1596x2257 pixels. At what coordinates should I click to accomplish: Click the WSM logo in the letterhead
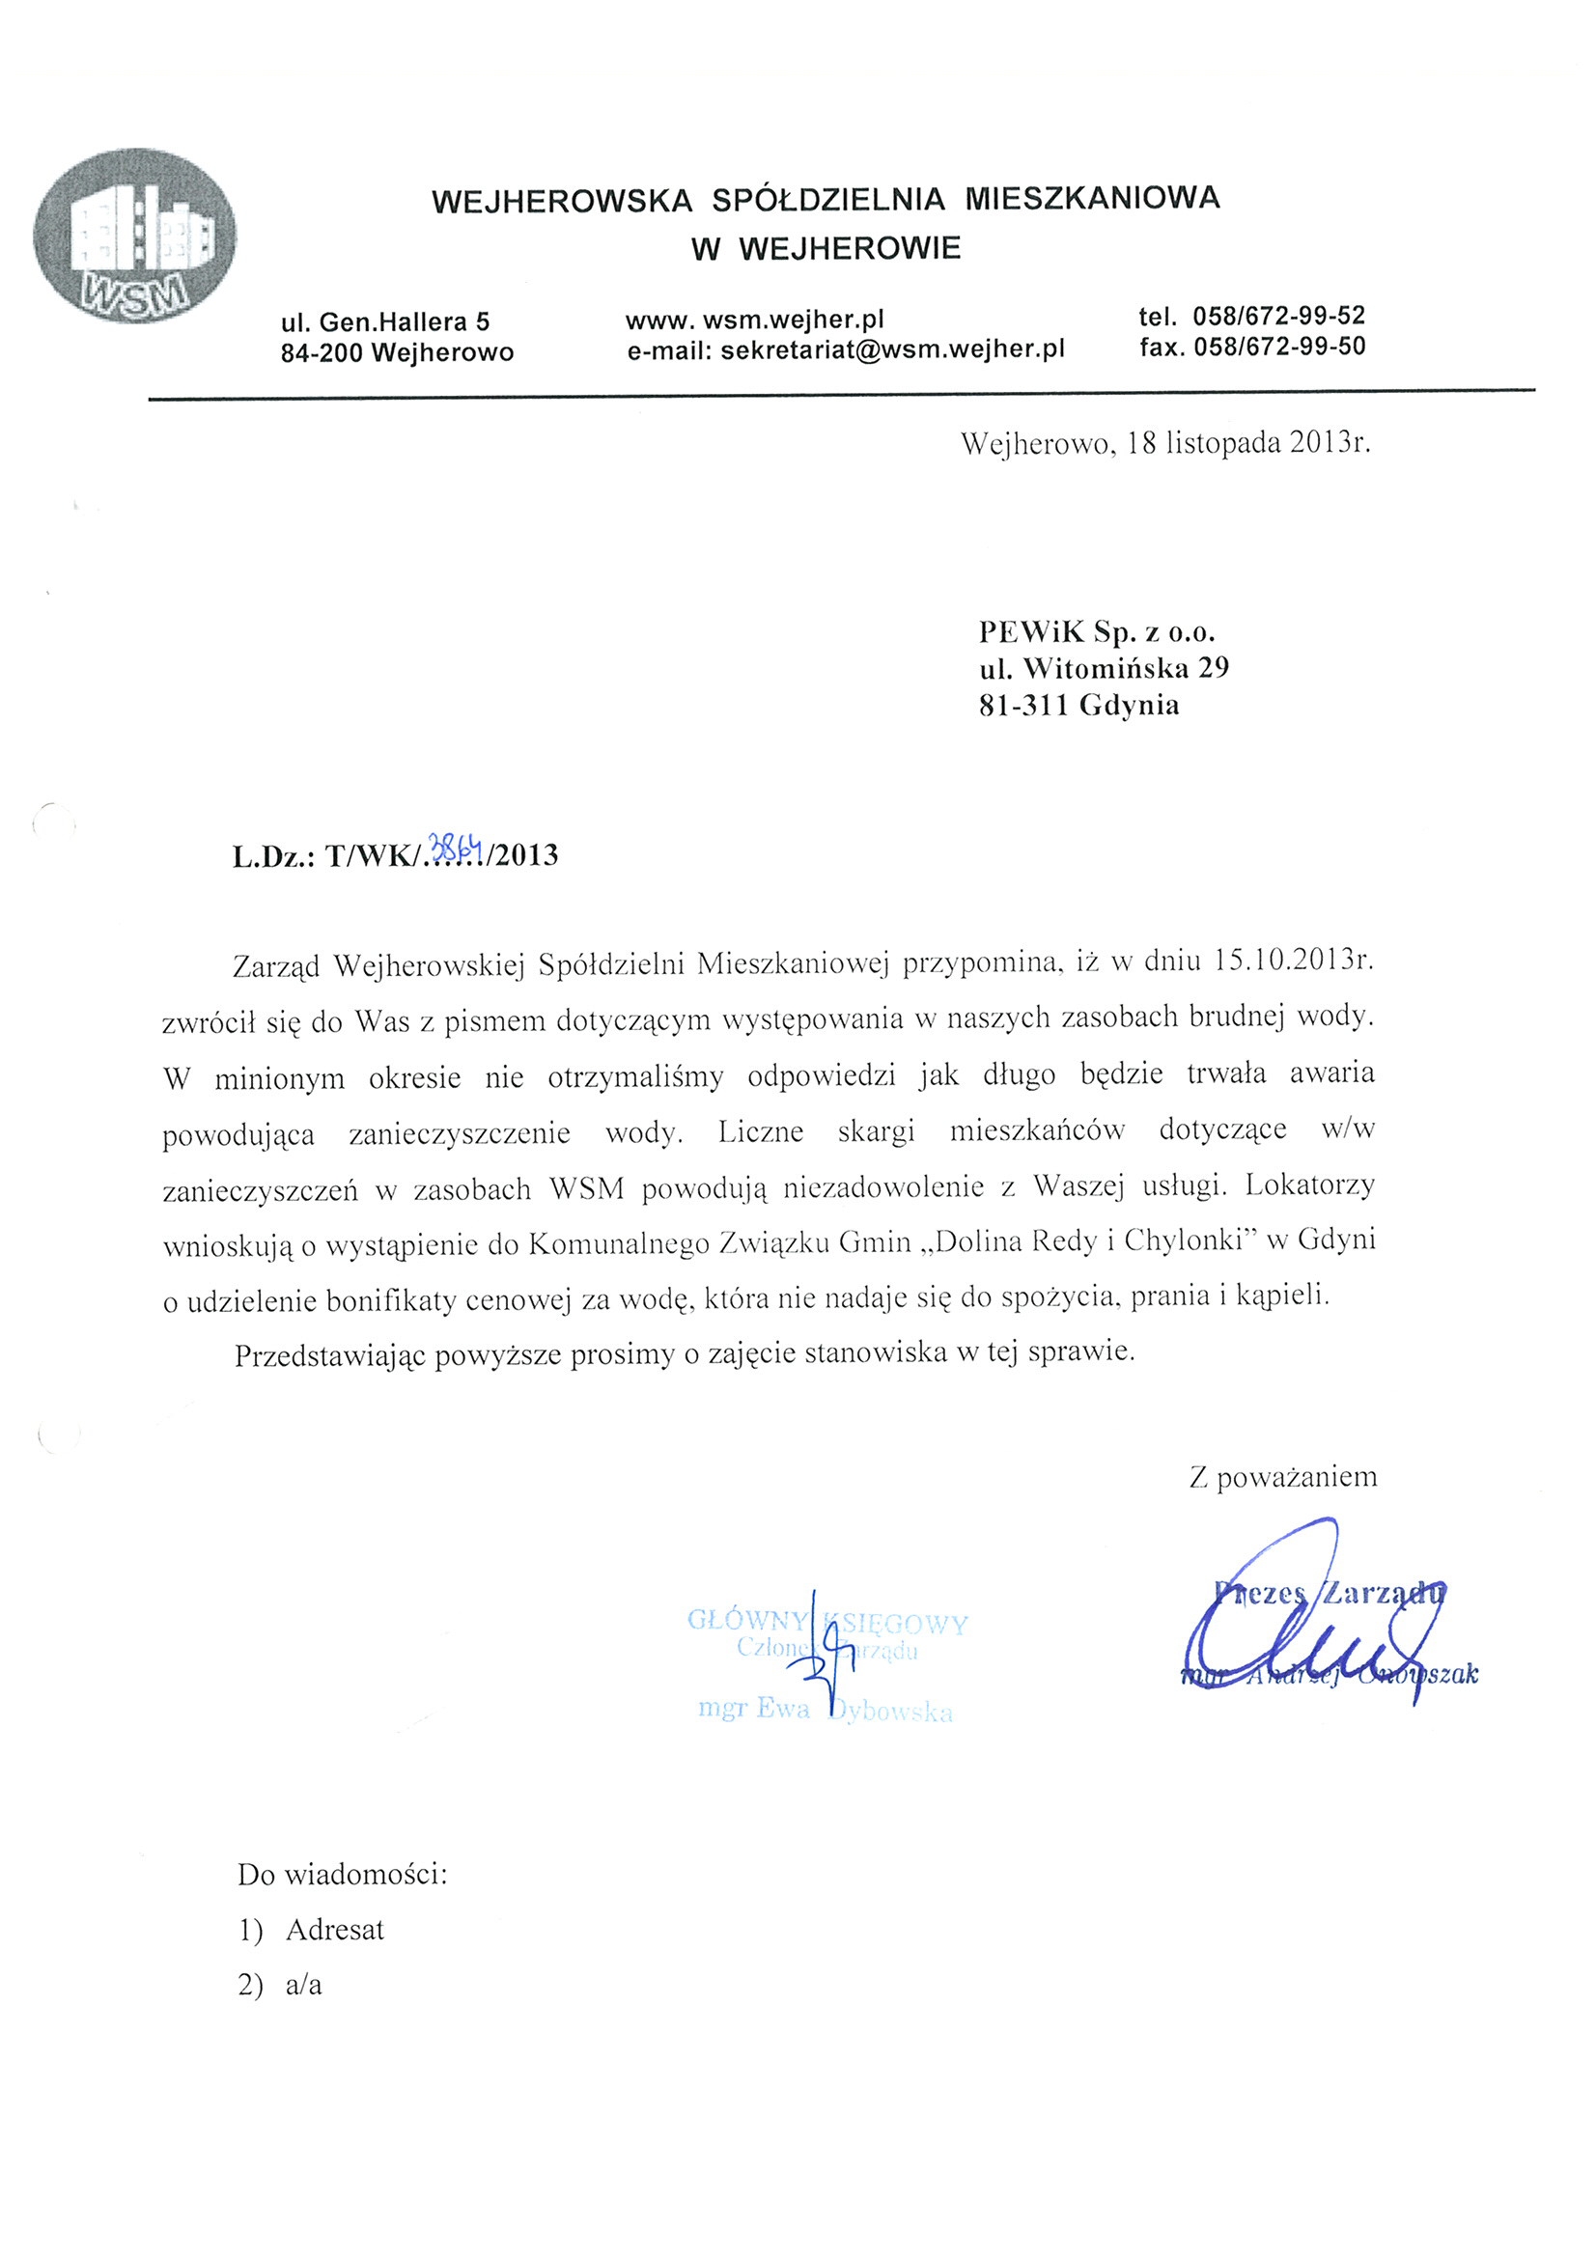134,236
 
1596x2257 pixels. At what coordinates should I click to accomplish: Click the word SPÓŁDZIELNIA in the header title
828,200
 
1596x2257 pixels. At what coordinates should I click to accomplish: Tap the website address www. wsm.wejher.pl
754,320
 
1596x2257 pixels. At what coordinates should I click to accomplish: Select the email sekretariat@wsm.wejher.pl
893,350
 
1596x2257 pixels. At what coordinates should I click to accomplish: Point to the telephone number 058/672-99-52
1278,317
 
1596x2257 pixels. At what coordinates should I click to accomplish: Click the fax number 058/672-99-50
1279,346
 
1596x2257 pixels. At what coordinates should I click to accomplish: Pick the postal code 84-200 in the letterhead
322,352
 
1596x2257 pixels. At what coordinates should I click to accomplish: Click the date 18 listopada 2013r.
1248,443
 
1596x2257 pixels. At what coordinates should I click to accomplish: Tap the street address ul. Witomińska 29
1104,668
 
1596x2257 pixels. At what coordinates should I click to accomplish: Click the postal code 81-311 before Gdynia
1023,706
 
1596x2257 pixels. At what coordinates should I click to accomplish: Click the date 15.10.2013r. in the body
1293,961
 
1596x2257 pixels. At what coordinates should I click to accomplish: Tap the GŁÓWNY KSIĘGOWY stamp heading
827,1621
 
